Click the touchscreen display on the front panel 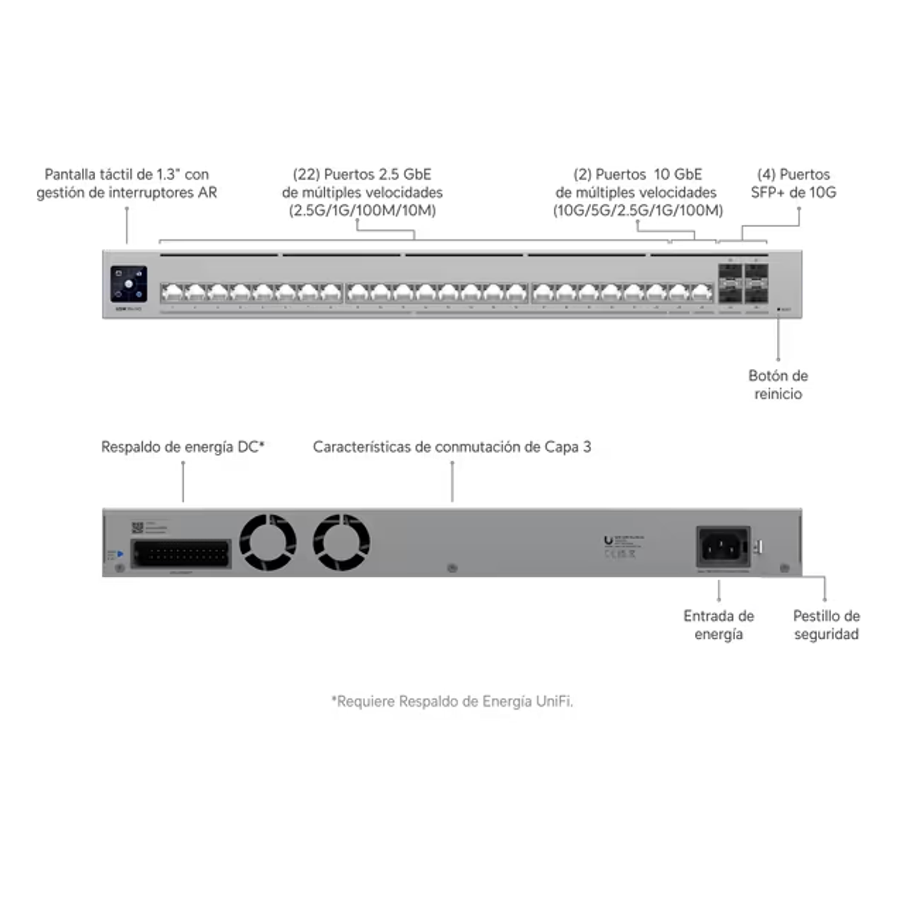point(129,283)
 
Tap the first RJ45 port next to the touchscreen point(172,293)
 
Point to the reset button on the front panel point(779,309)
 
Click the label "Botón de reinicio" point(777,385)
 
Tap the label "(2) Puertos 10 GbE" point(638,175)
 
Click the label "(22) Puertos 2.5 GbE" point(362,175)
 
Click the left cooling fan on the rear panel point(268,541)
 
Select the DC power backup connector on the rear point(181,553)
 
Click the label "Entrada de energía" point(720,625)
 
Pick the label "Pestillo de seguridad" point(826,625)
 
